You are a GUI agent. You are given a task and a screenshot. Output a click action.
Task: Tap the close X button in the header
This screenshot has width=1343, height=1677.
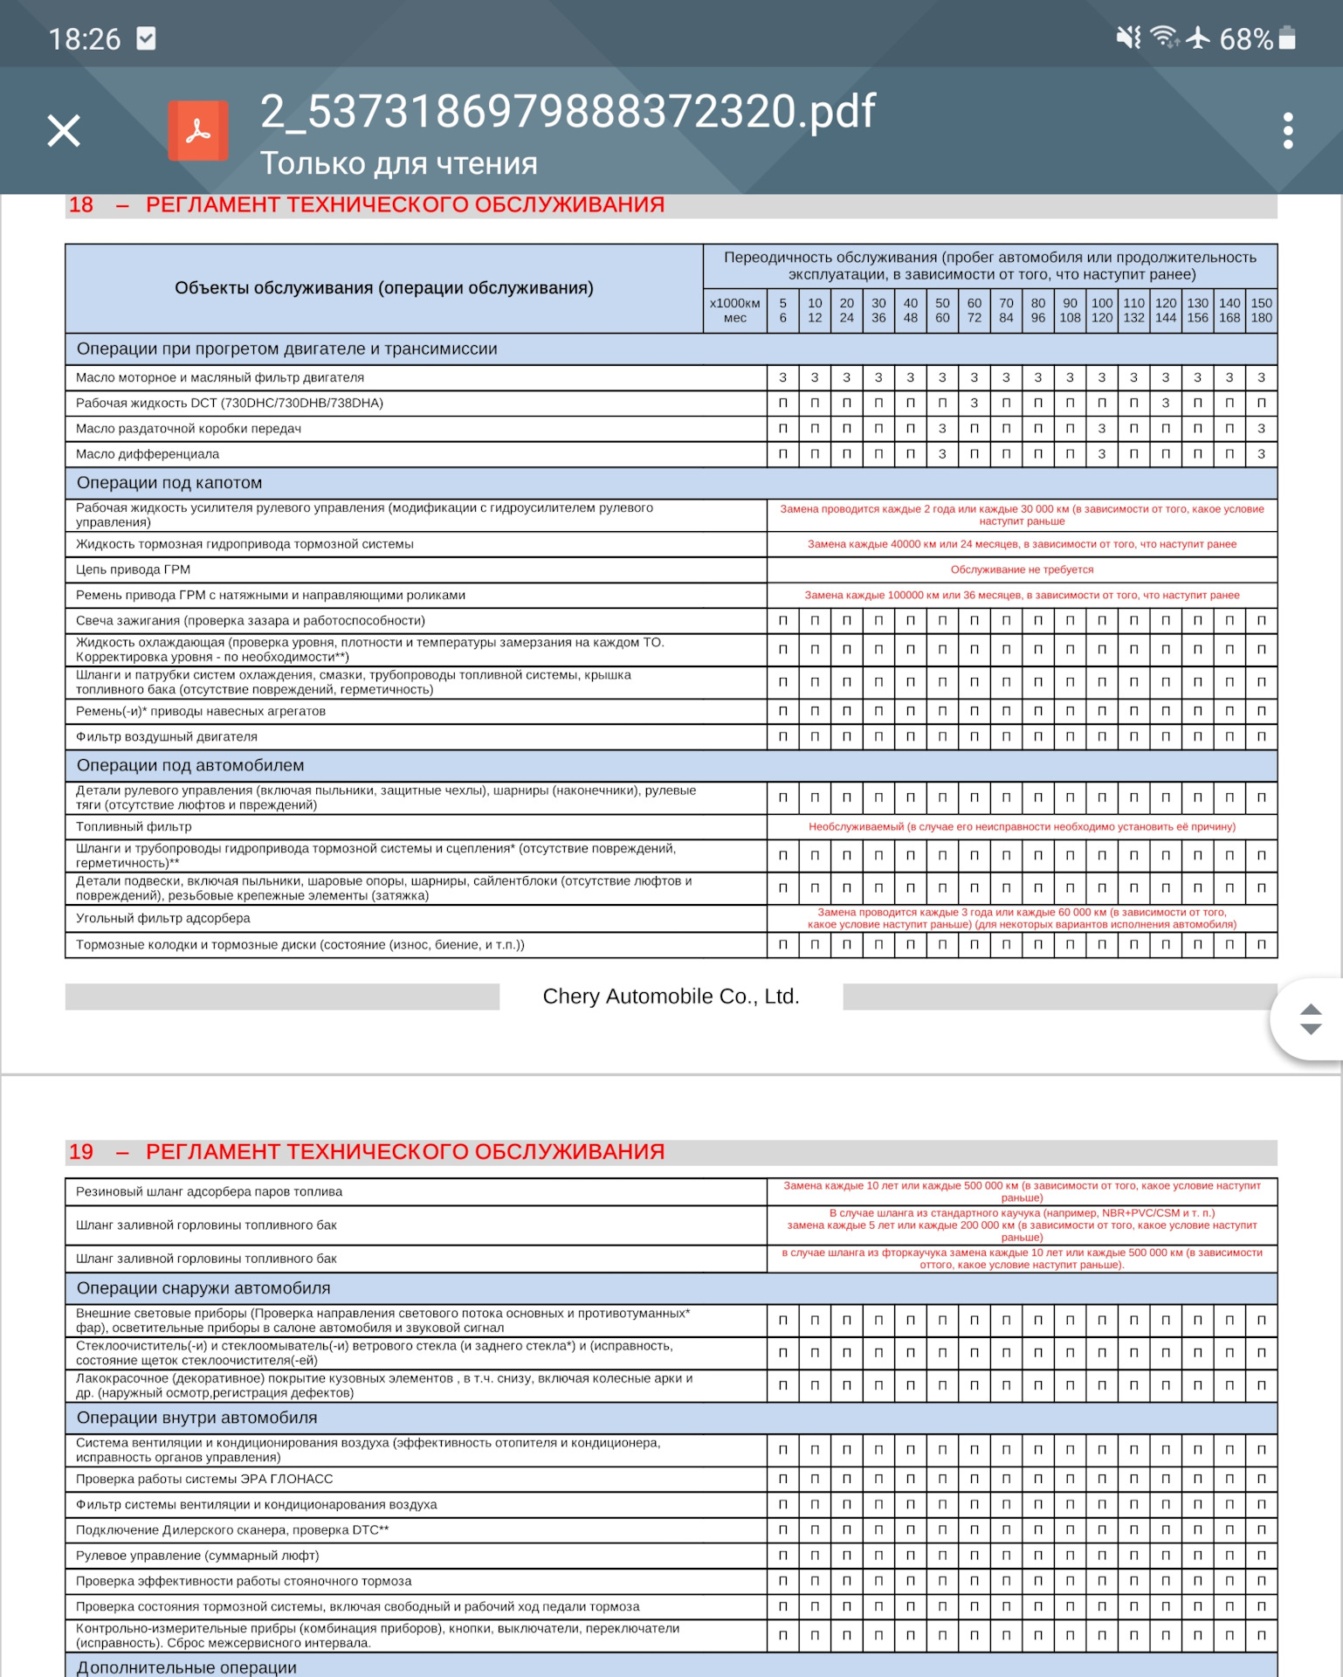[64, 131]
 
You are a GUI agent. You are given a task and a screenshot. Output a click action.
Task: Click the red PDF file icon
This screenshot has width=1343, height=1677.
[198, 131]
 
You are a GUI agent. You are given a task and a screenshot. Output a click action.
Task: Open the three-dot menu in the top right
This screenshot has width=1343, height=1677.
[1287, 131]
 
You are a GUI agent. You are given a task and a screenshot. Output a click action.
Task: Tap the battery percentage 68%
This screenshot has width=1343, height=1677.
[1245, 39]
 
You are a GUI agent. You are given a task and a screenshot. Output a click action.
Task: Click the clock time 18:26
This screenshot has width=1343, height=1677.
[85, 39]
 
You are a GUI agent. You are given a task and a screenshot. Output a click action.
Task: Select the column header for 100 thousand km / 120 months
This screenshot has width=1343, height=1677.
[1102, 310]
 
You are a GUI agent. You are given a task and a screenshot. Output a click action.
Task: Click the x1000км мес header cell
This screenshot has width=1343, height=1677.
[734, 310]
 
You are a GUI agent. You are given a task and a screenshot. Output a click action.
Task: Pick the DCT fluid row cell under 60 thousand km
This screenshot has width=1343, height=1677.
[975, 403]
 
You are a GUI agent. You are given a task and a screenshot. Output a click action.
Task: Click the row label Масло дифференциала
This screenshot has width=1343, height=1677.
[148, 454]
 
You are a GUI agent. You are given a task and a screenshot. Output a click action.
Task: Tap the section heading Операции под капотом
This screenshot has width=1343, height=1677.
[169, 483]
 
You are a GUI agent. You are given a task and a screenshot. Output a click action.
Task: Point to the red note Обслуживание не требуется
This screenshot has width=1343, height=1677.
[1022, 569]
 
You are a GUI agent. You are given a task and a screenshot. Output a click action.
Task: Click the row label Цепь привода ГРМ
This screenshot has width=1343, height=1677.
[133, 569]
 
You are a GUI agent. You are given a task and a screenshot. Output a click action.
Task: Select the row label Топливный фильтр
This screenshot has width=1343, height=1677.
[134, 826]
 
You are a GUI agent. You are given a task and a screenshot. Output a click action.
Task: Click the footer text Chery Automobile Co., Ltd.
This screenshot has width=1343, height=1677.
[671, 997]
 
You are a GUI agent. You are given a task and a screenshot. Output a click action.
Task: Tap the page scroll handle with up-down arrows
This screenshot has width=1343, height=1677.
[1310, 1019]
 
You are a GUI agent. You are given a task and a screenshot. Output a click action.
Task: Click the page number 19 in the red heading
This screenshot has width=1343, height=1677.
[81, 1152]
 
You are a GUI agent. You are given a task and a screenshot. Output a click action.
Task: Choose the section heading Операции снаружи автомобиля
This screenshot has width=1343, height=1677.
[203, 1288]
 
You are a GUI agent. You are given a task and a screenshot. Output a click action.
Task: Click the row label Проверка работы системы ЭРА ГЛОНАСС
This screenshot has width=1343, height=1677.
[204, 1479]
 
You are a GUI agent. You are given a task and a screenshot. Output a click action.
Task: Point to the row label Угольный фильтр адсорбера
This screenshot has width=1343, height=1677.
[163, 918]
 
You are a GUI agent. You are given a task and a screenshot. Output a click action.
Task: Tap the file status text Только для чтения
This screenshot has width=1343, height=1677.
[399, 163]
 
